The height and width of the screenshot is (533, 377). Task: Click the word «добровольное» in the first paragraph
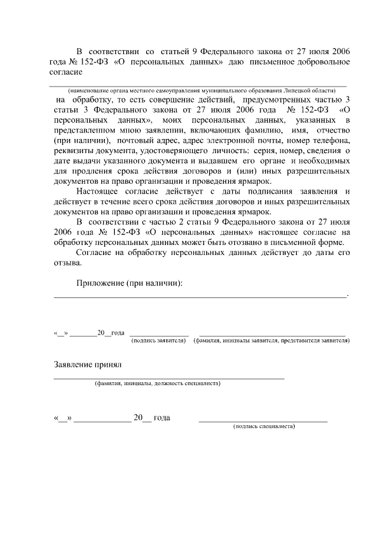point(319,62)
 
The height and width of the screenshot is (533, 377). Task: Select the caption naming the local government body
point(201,91)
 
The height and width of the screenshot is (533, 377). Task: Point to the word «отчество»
point(333,131)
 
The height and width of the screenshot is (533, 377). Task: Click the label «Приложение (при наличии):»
point(130,283)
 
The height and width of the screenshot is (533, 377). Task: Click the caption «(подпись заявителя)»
point(158,340)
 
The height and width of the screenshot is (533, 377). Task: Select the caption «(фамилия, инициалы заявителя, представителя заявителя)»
point(272,340)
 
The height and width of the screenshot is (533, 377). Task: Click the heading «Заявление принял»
point(87,365)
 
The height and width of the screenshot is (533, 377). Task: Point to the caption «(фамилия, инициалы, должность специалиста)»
point(157,383)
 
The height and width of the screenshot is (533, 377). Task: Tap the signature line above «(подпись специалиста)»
point(263,421)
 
